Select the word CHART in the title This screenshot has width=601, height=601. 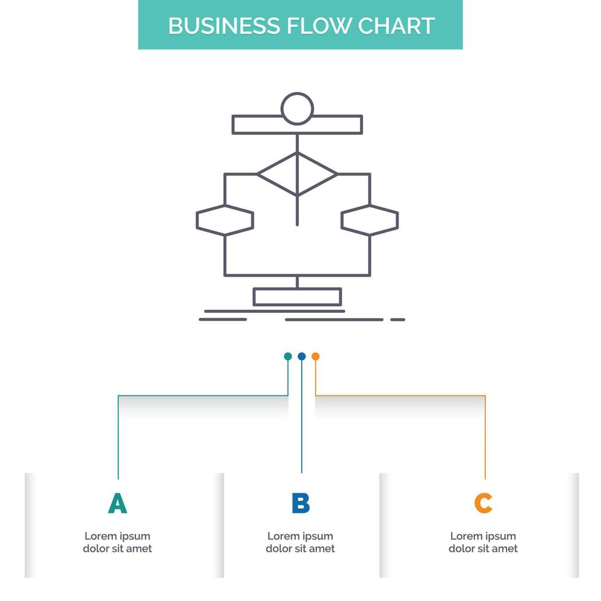click(397, 26)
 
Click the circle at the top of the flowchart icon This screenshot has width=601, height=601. click(297, 109)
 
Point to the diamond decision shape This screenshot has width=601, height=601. click(297, 175)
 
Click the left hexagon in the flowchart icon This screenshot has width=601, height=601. click(224, 221)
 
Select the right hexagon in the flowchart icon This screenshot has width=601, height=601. click(370, 221)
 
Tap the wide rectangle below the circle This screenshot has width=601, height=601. click(297, 124)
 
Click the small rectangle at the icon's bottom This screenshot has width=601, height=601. click(297, 297)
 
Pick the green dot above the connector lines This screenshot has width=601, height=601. click(288, 356)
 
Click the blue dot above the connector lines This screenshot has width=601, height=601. click(302, 356)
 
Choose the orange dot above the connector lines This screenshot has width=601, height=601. click(316, 356)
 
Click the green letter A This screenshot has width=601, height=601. click(117, 503)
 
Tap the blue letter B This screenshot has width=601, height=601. click(300, 503)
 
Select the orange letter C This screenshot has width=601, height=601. click(483, 503)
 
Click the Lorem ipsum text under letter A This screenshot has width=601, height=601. click(117, 542)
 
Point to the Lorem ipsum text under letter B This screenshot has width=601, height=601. click(300, 542)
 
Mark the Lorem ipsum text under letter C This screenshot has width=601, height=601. click(483, 542)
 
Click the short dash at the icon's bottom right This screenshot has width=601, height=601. click(398, 320)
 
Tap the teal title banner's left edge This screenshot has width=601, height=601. click(140, 25)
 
